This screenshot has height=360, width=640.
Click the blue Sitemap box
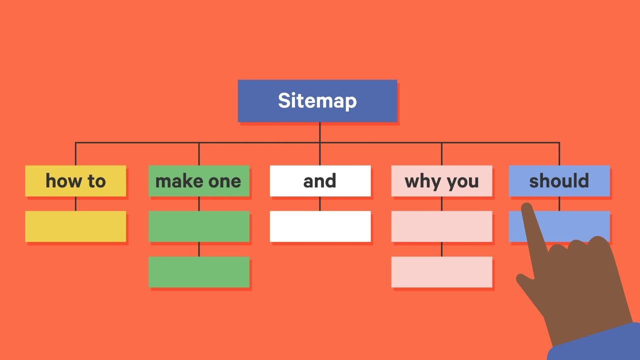click(317, 100)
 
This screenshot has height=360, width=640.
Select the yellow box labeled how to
click(75, 180)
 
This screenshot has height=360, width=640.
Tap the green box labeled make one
click(198, 180)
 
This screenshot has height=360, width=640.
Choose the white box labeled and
click(320, 180)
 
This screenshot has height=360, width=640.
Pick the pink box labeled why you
click(441, 180)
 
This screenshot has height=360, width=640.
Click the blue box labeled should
click(559, 180)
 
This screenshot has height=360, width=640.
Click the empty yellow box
click(75, 226)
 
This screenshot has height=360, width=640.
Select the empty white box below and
click(320, 226)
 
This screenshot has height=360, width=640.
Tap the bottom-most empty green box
click(198, 271)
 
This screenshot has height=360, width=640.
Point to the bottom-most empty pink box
click(441, 271)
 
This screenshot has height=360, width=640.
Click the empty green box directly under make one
click(198, 226)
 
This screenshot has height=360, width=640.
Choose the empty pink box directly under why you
click(441, 226)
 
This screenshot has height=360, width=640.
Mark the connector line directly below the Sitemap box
click(319, 132)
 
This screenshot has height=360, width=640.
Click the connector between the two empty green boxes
click(198, 249)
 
